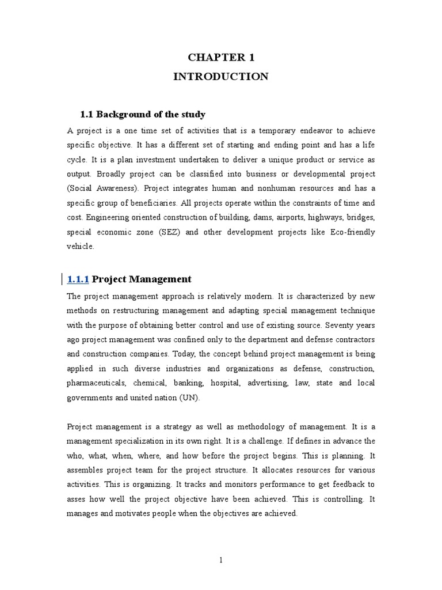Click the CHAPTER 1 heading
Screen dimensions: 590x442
pyautogui.click(x=221, y=57)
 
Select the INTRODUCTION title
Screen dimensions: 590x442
pyautogui.click(x=221, y=77)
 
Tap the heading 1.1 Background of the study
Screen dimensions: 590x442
pyautogui.click(x=142, y=114)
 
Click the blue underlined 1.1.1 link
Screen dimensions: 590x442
pyautogui.click(x=78, y=279)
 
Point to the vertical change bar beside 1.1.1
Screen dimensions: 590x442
pyautogui.click(x=62, y=279)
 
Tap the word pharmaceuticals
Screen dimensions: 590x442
pyautogui.click(x=96, y=383)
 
